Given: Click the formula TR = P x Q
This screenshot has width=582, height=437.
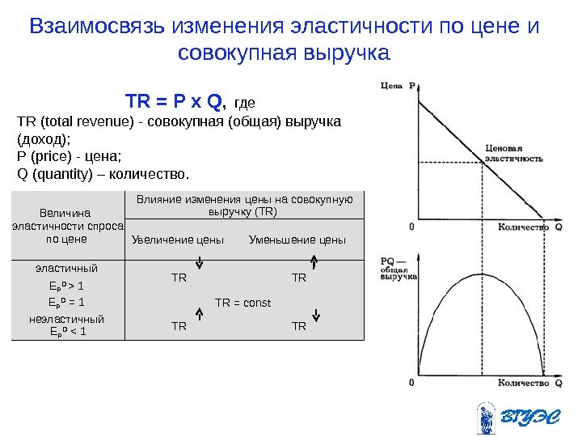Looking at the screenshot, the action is click(x=175, y=102).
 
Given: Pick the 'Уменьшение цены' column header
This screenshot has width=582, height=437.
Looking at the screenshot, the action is click(x=297, y=240).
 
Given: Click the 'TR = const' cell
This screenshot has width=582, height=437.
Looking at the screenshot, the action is click(x=242, y=303).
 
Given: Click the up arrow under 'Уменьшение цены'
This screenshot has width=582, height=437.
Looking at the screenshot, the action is click(x=314, y=261).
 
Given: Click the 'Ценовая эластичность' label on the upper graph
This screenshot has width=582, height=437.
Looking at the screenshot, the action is click(x=514, y=154).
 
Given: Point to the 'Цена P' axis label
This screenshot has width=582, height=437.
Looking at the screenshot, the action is click(x=398, y=84).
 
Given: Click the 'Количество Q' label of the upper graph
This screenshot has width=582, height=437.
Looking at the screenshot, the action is click(x=530, y=227).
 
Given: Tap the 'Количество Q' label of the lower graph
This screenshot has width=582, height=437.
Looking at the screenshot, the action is click(x=530, y=384).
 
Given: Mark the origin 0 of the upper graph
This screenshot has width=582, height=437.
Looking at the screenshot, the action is click(x=412, y=227).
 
